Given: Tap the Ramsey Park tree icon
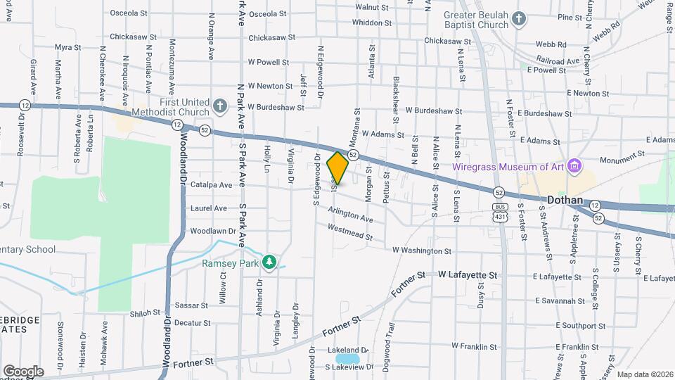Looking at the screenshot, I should [268, 262].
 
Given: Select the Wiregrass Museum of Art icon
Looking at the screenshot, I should [575, 166].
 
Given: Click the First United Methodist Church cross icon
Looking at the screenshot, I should [219, 107].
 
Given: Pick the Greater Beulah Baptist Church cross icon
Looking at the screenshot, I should [519, 19].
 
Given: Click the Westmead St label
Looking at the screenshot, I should [349, 232].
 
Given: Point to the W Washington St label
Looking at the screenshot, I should [422, 250].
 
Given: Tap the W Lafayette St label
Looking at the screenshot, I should [468, 275].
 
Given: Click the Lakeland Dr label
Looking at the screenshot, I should [347, 350].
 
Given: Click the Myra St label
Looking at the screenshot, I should [68, 48].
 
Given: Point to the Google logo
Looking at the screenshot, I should [23, 371].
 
